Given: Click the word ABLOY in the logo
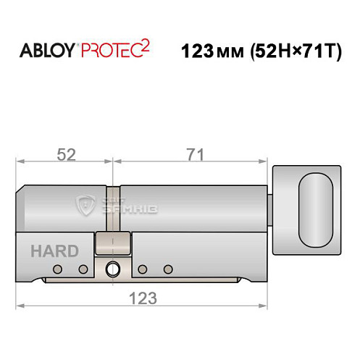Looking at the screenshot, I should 44,51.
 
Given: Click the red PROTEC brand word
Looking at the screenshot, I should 110,51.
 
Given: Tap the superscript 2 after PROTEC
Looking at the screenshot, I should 147,45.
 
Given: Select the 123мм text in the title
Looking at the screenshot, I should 210,51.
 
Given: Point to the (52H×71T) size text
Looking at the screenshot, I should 296,51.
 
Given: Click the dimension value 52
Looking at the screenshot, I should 66,155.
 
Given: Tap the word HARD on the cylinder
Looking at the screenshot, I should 54,251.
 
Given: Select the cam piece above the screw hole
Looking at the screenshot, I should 112,243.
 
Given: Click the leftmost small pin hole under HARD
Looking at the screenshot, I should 56,270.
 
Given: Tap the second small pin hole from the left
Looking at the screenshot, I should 83,270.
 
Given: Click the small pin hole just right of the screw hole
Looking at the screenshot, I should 142,270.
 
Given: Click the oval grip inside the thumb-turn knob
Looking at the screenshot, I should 313,211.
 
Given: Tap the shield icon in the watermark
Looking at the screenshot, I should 88,206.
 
